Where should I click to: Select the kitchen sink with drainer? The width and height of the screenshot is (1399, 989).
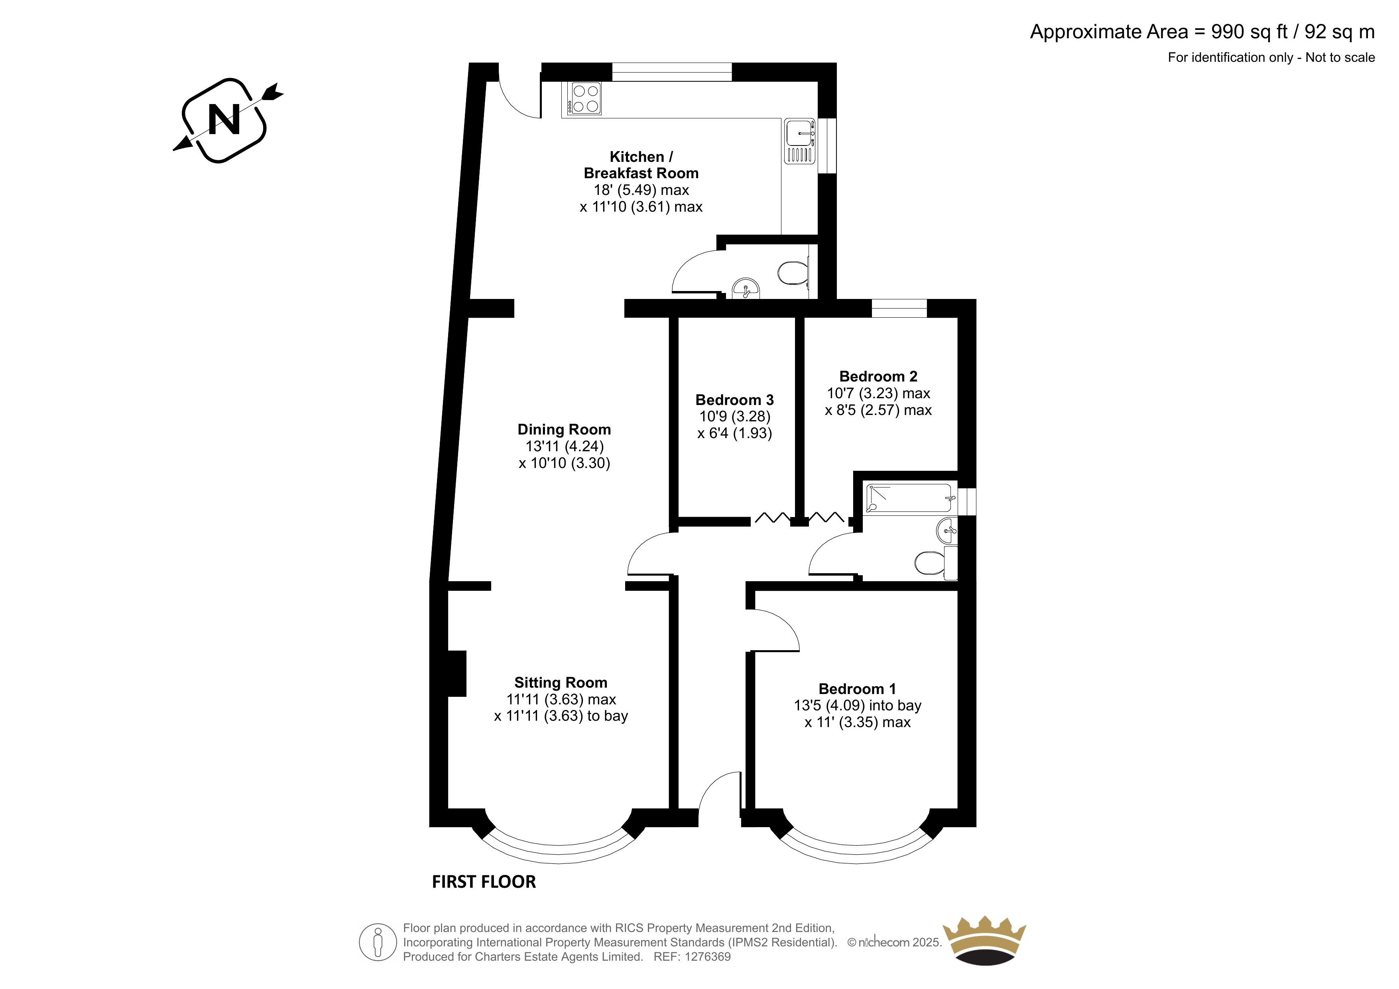(799, 141)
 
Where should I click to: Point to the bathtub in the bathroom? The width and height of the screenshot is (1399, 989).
(909, 498)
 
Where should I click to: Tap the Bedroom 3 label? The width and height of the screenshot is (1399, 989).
(734, 400)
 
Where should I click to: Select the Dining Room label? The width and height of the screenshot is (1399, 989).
(564, 430)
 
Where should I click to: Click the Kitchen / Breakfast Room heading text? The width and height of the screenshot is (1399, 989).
(641, 165)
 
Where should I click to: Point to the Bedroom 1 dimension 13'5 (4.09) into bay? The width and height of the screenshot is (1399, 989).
(857, 706)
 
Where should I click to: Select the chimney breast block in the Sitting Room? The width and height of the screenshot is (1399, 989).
(457, 673)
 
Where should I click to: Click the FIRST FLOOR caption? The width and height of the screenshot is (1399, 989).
(484, 882)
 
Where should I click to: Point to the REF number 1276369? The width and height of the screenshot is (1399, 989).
(708, 957)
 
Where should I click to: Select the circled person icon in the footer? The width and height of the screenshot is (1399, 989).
(378, 942)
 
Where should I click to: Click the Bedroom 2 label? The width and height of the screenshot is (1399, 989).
(878, 377)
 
